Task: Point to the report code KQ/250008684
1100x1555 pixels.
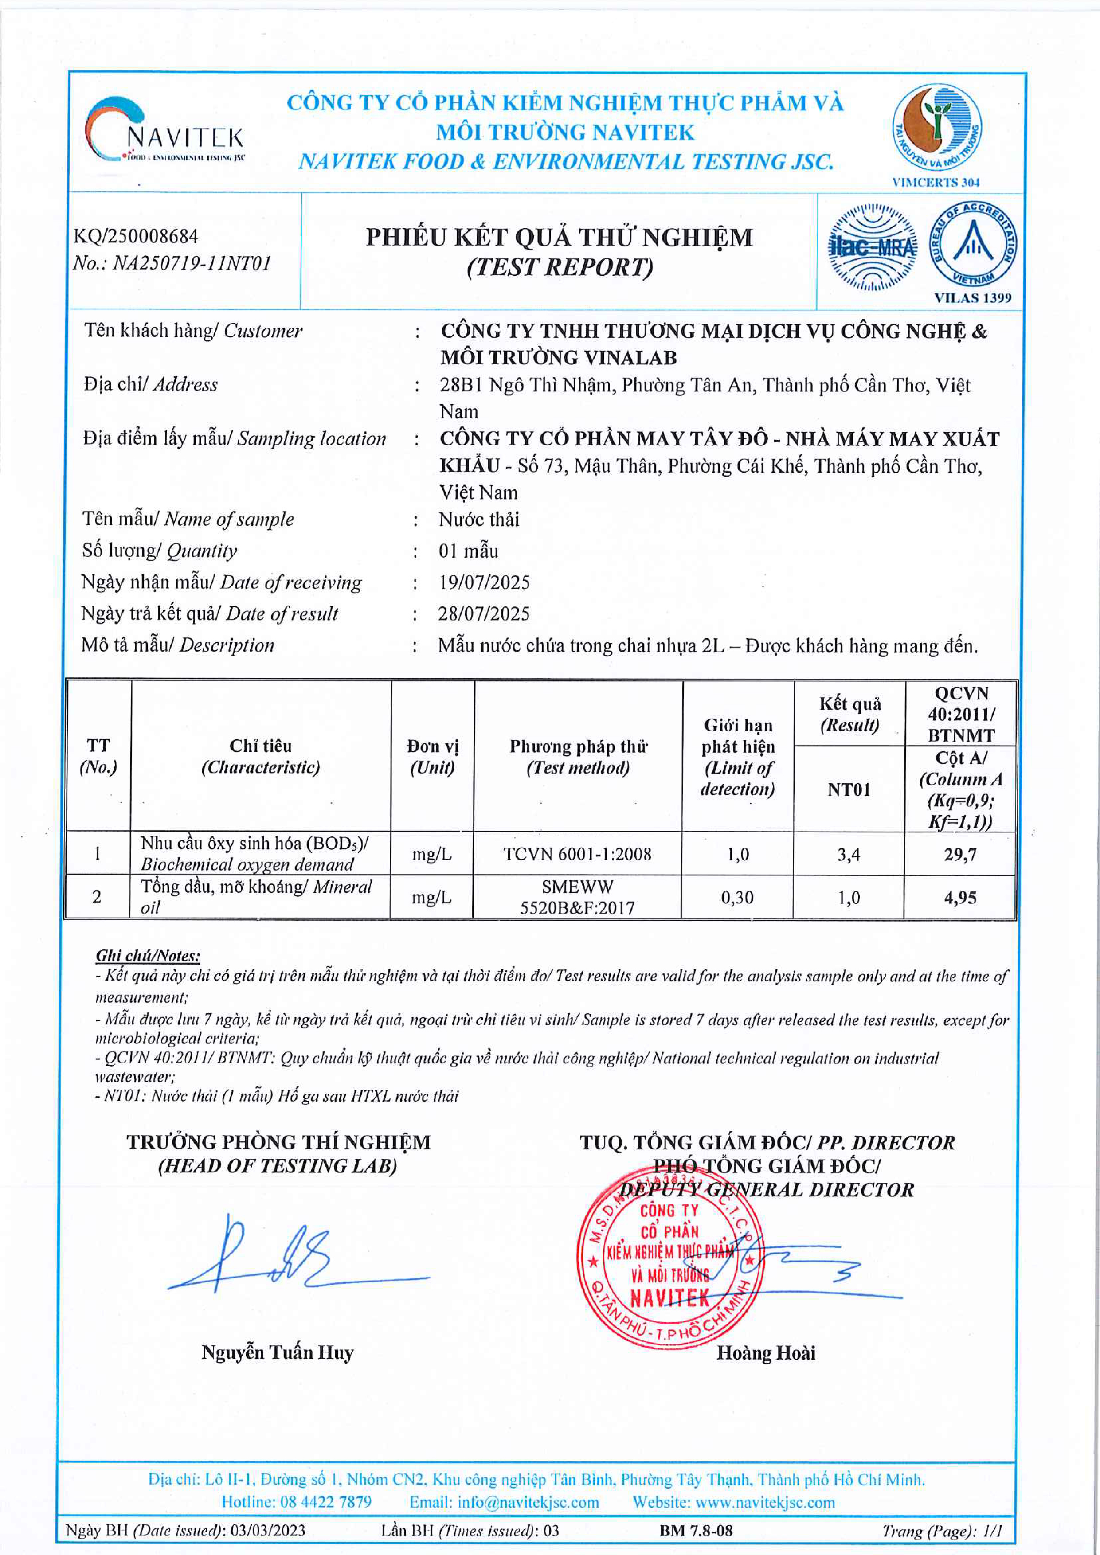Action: (x=136, y=236)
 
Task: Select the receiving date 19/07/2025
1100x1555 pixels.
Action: (x=484, y=582)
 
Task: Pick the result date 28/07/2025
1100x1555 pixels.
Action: (x=484, y=613)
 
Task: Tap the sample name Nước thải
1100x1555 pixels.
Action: (x=479, y=520)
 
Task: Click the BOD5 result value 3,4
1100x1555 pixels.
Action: (x=848, y=855)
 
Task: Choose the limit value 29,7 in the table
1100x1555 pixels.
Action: (x=960, y=855)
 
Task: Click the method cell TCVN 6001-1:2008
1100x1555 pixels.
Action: (x=577, y=855)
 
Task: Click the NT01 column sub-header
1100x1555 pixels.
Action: (x=848, y=790)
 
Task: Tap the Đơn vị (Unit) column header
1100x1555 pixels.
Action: (x=432, y=757)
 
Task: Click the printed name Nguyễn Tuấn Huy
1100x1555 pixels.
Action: (x=277, y=1352)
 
